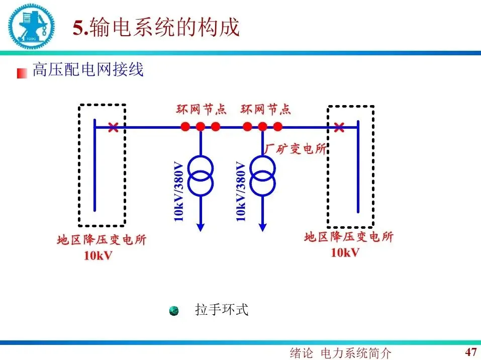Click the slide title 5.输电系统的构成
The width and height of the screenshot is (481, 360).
tap(156, 27)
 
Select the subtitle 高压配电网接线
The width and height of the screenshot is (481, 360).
tap(88, 70)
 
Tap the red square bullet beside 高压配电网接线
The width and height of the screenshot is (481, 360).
tap(22, 73)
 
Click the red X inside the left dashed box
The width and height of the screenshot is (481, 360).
tap(113, 128)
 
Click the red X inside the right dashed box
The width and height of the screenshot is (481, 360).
tap(339, 128)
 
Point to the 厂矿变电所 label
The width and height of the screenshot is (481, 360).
tap(296, 149)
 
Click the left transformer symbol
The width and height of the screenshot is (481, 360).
tap(201, 175)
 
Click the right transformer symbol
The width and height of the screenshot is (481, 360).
tap(262, 175)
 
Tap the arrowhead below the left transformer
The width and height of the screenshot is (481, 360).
tap(201, 227)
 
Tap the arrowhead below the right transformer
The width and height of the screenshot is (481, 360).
tap(262, 227)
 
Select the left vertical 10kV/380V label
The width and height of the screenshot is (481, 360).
tap(179, 191)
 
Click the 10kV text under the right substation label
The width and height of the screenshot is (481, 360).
tap(345, 252)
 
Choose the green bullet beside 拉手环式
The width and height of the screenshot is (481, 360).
tap(174, 311)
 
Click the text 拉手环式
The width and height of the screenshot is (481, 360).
tap(222, 310)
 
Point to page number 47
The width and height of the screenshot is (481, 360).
tap(470, 351)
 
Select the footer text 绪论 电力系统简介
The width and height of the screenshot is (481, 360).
tap(340, 353)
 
